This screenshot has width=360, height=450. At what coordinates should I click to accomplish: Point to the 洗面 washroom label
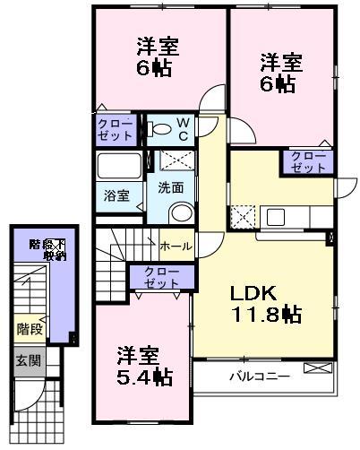(x=171, y=188)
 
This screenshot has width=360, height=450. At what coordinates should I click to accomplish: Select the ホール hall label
(x=175, y=244)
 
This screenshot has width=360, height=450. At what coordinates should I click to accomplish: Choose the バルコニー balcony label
(x=257, y=376)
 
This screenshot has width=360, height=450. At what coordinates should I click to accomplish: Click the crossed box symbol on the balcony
(x=316, y=368)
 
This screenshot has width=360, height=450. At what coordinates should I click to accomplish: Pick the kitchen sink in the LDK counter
(x=275, y=218)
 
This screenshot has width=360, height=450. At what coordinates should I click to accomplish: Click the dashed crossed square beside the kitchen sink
(x=242, y=218)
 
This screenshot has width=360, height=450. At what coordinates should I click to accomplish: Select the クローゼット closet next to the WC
(x=117, y=128)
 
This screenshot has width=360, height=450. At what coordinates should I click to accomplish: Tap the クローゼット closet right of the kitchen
(x=308, y=161)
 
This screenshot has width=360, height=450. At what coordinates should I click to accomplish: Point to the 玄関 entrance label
(x=27, y=361)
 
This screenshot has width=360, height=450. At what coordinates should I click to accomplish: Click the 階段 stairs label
(x=29, y=329)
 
